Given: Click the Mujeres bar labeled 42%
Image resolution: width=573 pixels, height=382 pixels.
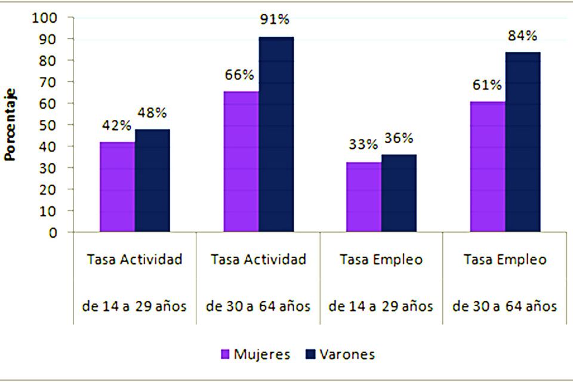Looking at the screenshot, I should tap(117, 187).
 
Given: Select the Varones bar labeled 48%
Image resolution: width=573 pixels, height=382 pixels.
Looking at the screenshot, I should tap(152, 180).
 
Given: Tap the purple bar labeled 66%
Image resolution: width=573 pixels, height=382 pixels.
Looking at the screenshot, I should tap(241, 161).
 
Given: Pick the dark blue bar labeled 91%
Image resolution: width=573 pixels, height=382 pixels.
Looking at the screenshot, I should tap(276, 134).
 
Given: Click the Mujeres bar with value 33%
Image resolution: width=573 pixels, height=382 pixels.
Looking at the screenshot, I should tap(363, 197).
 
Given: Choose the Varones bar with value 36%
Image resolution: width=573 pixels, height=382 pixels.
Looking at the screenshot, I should tap(399, 193).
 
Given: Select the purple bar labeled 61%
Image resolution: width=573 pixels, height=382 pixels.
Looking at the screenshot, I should tap(488, 167).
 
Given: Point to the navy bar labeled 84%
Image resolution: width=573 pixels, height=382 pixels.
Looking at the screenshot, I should tap(523, 141).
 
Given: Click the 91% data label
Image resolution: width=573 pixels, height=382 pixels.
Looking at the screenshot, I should tap(275, 19).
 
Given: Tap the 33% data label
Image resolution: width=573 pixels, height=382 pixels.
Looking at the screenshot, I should tap(363, 144).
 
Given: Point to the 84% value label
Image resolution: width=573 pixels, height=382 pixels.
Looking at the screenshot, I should tap(522, 36).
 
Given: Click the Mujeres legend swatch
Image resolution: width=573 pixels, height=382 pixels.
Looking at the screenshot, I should tap(225, 355).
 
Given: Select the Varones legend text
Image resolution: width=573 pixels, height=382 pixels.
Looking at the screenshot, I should tap(347, 355).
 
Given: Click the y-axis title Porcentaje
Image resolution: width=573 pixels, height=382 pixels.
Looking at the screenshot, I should tap(11, 125).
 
